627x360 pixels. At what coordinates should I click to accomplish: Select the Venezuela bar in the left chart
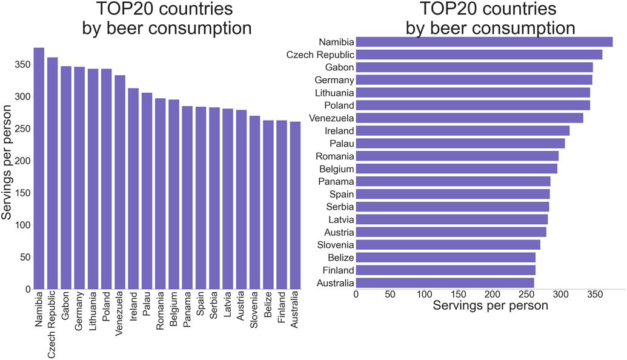click(120, 182)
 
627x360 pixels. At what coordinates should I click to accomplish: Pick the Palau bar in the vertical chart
click(147, 191)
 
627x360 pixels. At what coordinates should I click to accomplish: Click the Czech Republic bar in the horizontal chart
click(479, 55)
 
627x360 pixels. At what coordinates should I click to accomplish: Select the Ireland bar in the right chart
click(462, 131)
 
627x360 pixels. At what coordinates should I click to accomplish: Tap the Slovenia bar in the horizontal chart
click(448, 245)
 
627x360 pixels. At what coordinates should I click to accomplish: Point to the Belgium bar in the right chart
click(456, 168)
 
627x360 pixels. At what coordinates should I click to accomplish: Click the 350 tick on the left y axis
click(19, 65)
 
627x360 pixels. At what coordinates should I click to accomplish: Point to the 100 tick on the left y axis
click(19, 225)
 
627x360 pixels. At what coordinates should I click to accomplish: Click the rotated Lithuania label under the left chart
click(93, 312)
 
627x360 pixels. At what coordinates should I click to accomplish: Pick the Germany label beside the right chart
click(334, 80)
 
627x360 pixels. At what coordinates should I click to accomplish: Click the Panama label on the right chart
click(336, 181)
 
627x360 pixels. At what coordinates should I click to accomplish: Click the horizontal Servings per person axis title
click(491, 306)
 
